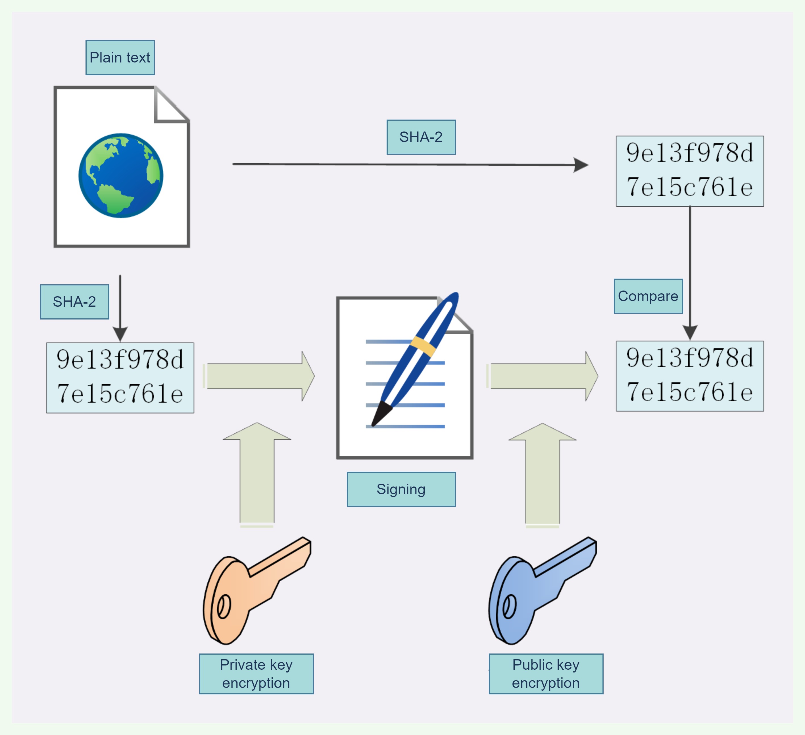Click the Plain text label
[120, 57]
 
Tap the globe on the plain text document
[121, 176]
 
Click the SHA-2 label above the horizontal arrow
[421, 137]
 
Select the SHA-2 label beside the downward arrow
[74, 302]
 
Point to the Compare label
[648, 296]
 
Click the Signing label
[401, 489]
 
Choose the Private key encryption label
[256, 674]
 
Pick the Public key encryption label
[546, 674]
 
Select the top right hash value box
[690, 171]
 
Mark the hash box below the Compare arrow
[690, 376]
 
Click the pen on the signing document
[415, 359]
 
